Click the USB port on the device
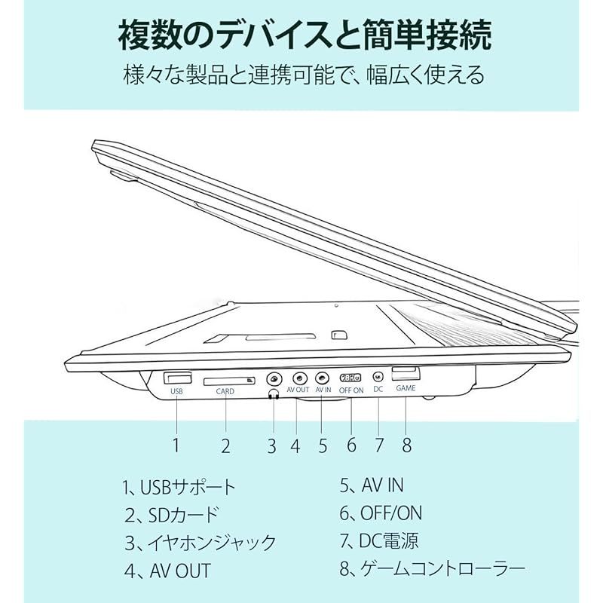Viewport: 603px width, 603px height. click(177, 378)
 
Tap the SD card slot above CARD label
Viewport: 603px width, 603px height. click(229, 381)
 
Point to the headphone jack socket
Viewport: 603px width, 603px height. click(274, 379)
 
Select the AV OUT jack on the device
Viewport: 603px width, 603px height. click(300, 378)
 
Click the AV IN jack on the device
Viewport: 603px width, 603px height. click(323, 378)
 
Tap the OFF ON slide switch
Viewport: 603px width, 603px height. click(350, 378)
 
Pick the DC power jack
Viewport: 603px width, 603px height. click(378, 376)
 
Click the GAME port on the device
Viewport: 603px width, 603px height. click(406, 373)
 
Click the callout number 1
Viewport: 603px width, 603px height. click(176, 445)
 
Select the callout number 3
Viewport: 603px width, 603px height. click(272, 446)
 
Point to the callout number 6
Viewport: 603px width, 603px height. click(351, 445)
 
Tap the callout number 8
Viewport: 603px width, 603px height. click(407, 445)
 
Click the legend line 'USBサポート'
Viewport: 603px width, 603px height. click(179, 487)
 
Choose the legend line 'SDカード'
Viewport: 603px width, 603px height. click(172, 515)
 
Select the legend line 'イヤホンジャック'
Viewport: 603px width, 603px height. click(200, 543)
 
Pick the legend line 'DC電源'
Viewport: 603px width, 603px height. click(379, 540)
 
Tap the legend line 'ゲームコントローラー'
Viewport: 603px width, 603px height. click(432, 568)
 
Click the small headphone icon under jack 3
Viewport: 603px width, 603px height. click(274, 394)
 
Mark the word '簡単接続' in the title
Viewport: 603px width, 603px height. click(427, 35)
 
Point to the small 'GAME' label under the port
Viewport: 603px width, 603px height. click(406, 388)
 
